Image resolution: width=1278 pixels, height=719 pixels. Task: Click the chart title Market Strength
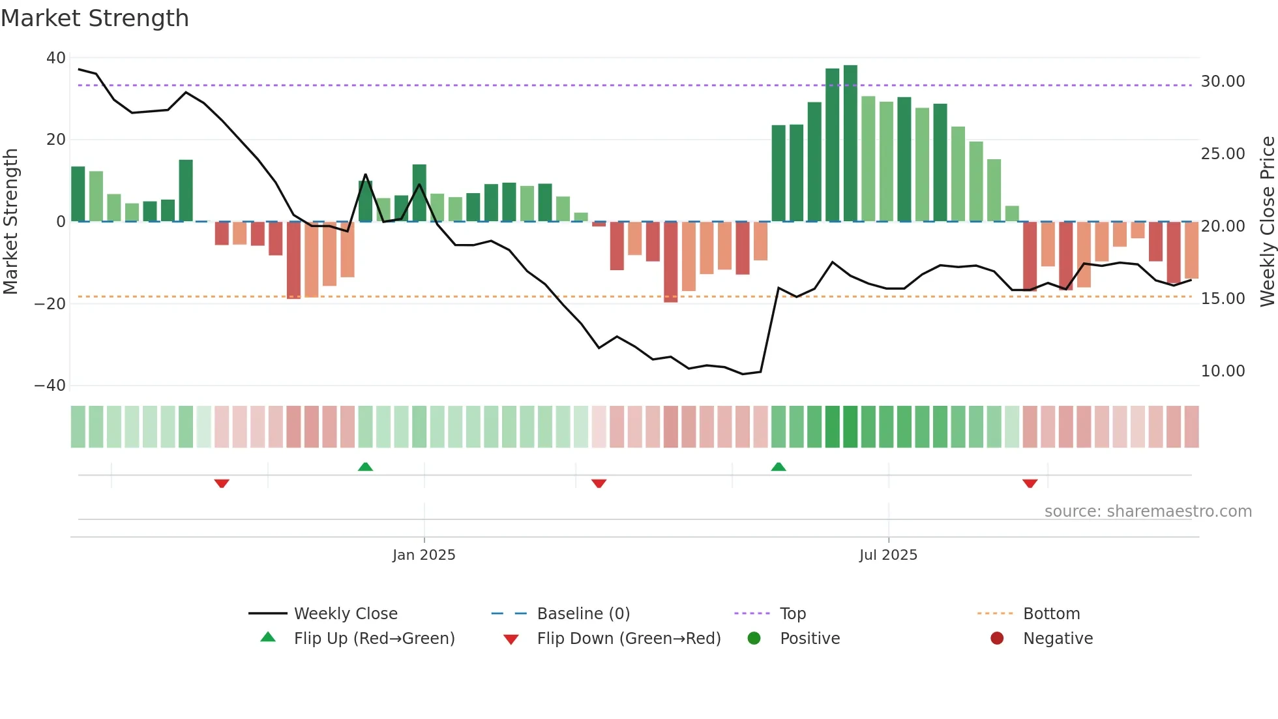pos(95,18)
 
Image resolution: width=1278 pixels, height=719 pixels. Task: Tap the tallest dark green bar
pos(850,144)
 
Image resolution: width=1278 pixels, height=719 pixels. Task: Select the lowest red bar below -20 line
pos(670,262)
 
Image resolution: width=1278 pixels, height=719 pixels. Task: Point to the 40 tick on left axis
pos(56,58)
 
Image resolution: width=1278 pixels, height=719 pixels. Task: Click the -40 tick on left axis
pos(50,386)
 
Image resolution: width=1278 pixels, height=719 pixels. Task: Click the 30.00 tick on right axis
pos(1223,82)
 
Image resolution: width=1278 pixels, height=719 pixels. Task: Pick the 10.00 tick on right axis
pos(1223,371)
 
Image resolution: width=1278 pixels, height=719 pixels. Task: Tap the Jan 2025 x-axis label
pos(424,555)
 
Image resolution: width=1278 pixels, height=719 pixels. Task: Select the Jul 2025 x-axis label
pos(888,555)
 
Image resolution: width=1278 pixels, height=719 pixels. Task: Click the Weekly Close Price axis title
pos(1267,222)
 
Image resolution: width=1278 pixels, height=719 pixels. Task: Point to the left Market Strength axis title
pos(10,222)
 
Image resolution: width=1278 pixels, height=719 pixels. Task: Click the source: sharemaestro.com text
pos(1148,512)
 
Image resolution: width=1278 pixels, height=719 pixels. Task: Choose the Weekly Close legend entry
pos(345,614)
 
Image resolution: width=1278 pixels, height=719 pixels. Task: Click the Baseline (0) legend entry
pos(583,614)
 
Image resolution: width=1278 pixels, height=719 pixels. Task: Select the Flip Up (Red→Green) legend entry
pos(374,639)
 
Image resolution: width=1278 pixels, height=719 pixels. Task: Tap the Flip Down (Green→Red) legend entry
pos(629,639)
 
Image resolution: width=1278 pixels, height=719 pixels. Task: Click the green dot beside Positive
pos(754,639)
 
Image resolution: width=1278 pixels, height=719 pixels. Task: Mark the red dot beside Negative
pos(996,639)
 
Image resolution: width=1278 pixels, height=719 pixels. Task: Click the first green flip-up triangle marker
pos(365,467)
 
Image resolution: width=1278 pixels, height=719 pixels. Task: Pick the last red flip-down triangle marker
pos(1030,483)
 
